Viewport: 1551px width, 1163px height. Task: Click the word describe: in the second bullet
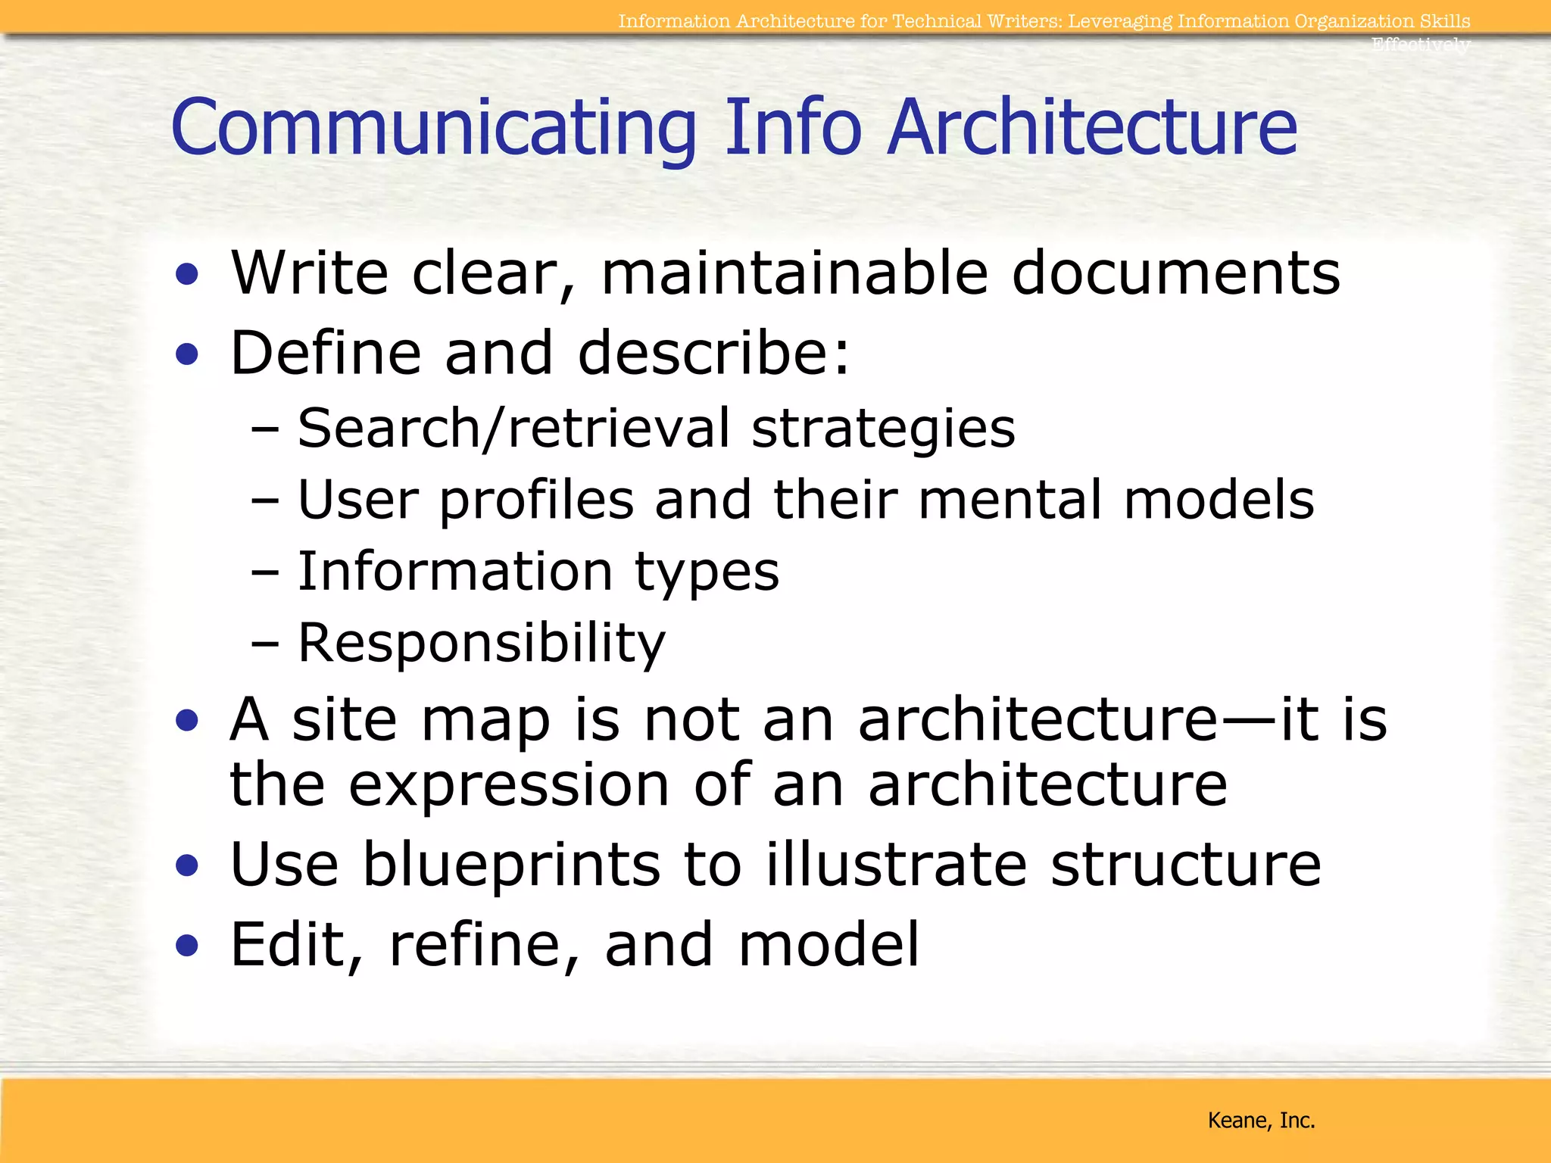coord(713,353)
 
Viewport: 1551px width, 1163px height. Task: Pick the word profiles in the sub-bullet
coord(536,501)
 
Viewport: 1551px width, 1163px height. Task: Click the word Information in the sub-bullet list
coord(454,571)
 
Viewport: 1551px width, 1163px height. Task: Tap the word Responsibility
coord(481,644)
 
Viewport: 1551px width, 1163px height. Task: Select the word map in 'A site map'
coord(485,721)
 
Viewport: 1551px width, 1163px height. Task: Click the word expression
coord(509,786)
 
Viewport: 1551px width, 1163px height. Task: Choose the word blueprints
coord(511,865)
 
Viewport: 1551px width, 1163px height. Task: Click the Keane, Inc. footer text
coord(1261,1120)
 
